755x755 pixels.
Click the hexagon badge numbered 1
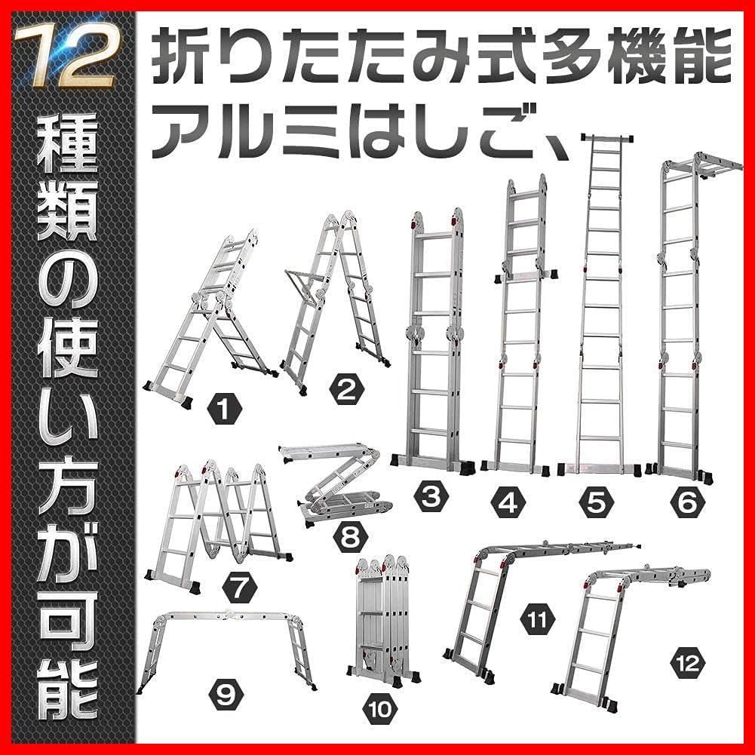coord(224,408)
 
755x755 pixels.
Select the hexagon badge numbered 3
coord(431,497)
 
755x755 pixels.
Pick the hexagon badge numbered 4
coord(509,502)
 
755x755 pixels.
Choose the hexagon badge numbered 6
coord(688,502)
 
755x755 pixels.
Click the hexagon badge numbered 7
coord(240,588)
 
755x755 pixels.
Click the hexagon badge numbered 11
coord(537,620)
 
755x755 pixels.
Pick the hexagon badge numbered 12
coord(688,664)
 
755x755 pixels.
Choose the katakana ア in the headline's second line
coord(179,130)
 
